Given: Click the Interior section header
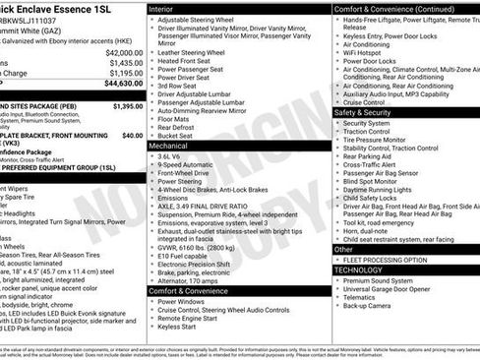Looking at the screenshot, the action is [167, 8].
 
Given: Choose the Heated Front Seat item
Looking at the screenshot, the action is [188, 62].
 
